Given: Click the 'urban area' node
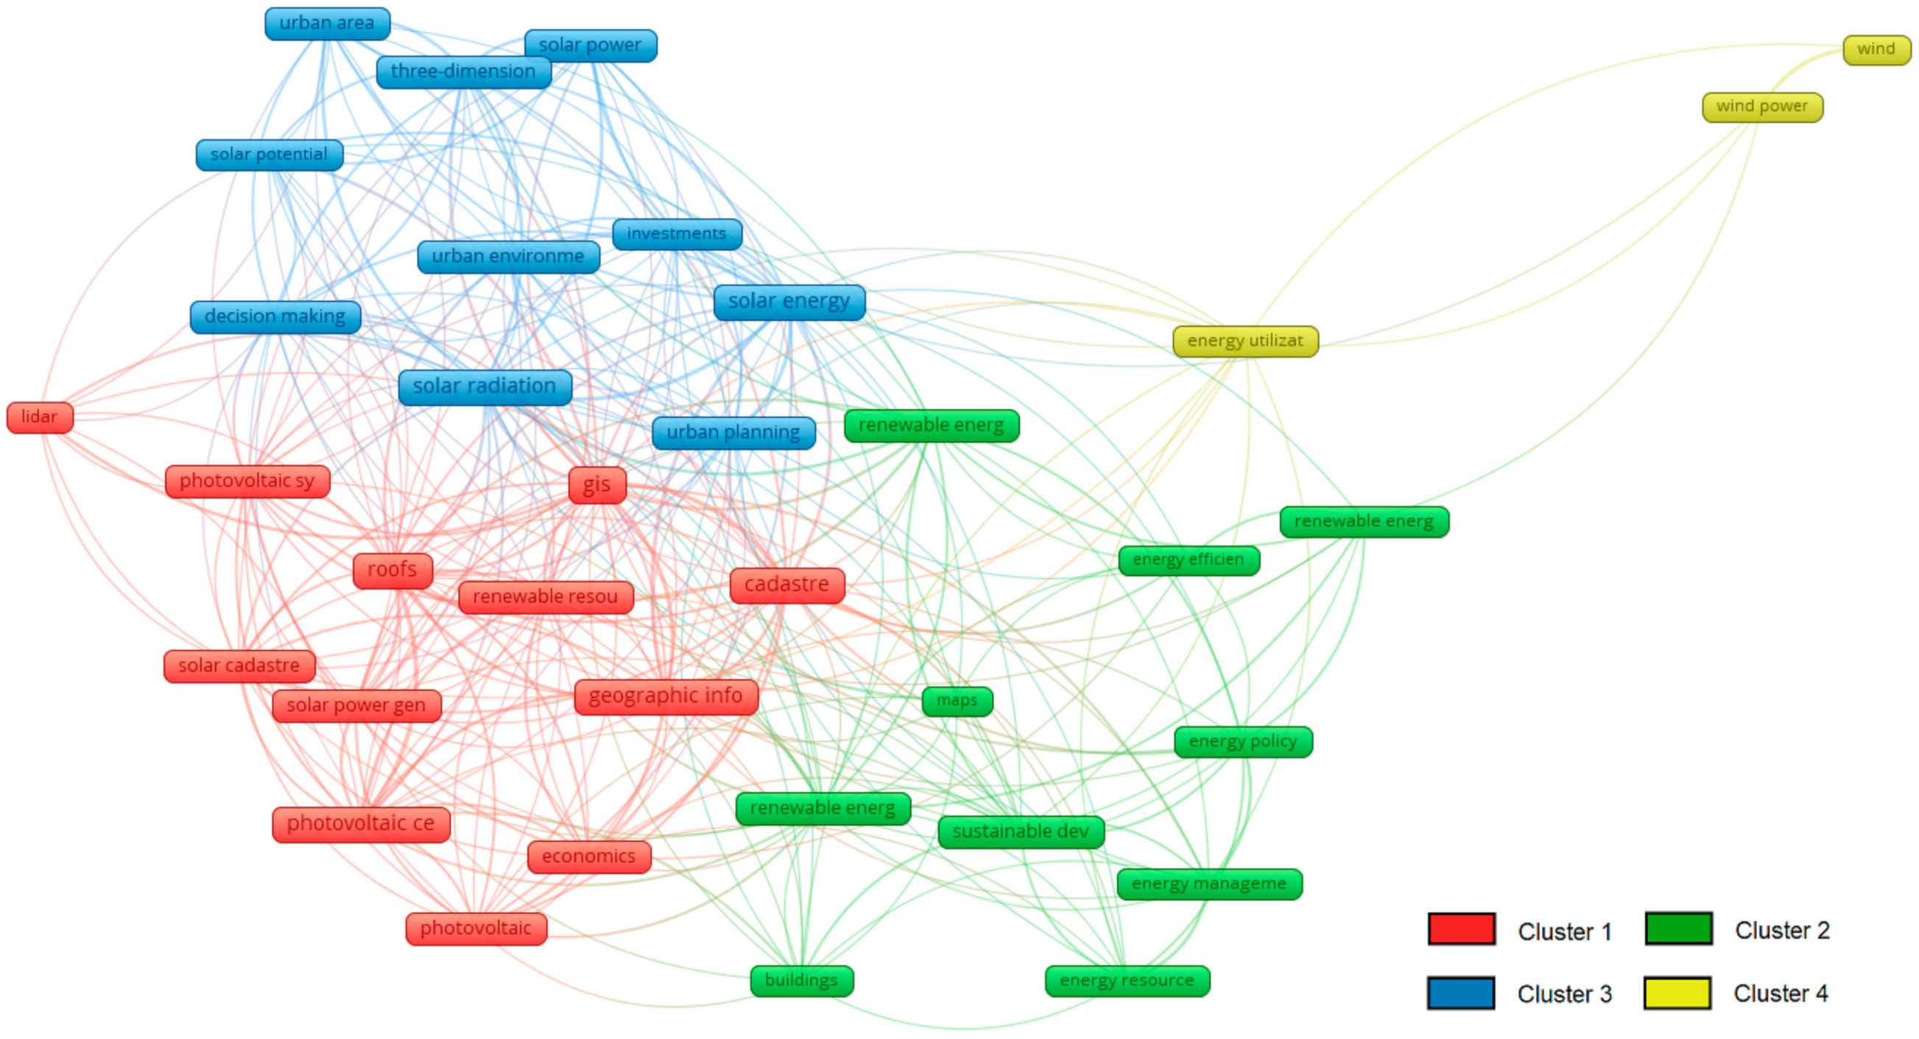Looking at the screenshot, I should (x=327, y=24).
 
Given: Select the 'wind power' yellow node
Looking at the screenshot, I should (x=1762, y=108).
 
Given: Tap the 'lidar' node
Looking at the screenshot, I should (x=40, y=417).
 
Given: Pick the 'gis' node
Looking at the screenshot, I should (x=596, y=485).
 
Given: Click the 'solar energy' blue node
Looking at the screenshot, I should (x=789, y=302).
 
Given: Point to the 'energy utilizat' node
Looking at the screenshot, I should (x=1244, y=341).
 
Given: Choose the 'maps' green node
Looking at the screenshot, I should (x=957, y=701).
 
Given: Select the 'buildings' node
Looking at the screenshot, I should (x=802, y=980).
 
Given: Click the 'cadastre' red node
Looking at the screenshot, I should (x=786, y=585).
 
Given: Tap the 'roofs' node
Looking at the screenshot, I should (x=392, y=571).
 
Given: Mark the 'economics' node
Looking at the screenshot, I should (x=588, y=856).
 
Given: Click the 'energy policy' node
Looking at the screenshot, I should (x=1242, y=742).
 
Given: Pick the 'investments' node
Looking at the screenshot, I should (x=677, y=234).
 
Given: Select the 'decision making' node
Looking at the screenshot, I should (x=275, y=317).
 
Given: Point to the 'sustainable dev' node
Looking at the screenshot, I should (x=1021, y=831).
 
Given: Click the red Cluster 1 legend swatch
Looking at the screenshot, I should (x=1461, y=929).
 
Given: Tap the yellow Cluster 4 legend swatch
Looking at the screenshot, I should (x=1677, y=993).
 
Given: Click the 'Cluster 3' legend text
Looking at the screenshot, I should (x=1564, y=993).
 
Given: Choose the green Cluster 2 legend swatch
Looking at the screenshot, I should (x=1678, y=929).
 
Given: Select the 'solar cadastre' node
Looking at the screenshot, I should (x=239, y=666).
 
